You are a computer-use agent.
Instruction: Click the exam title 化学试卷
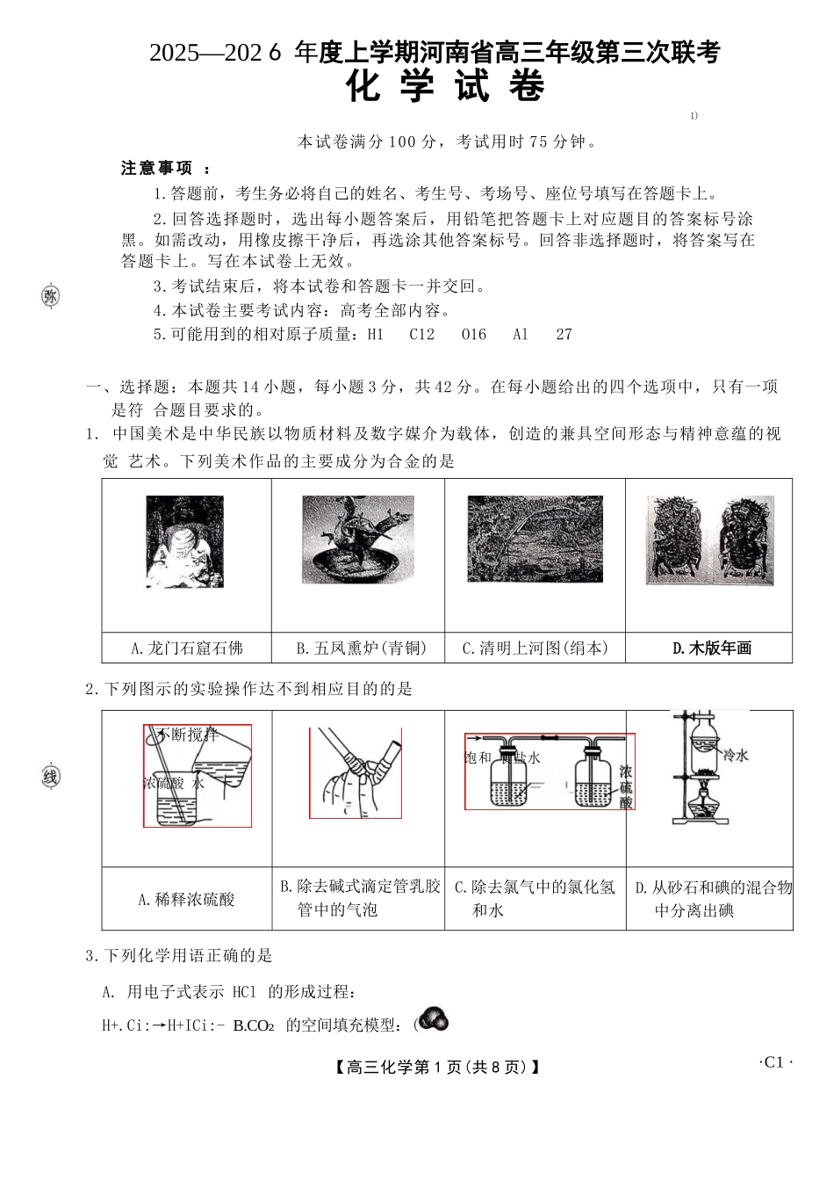[x=446, y=88]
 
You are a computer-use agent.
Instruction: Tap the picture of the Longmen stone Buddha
[x=184, y=541]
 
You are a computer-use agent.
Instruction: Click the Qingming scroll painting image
[x=535, y=539]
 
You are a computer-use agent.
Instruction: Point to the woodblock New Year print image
[x=709, y=541]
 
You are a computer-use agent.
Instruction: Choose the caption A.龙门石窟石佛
[x=186, y=648]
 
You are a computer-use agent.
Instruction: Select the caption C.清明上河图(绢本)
[x=535, y=648]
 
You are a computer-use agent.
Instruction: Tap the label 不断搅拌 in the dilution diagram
[x=187, y=735]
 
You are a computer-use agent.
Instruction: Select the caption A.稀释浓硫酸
[x=186, y=899]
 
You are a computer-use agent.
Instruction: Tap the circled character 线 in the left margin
[x=51, y=778]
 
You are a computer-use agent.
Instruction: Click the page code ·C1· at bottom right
[x=775, y=1062]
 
